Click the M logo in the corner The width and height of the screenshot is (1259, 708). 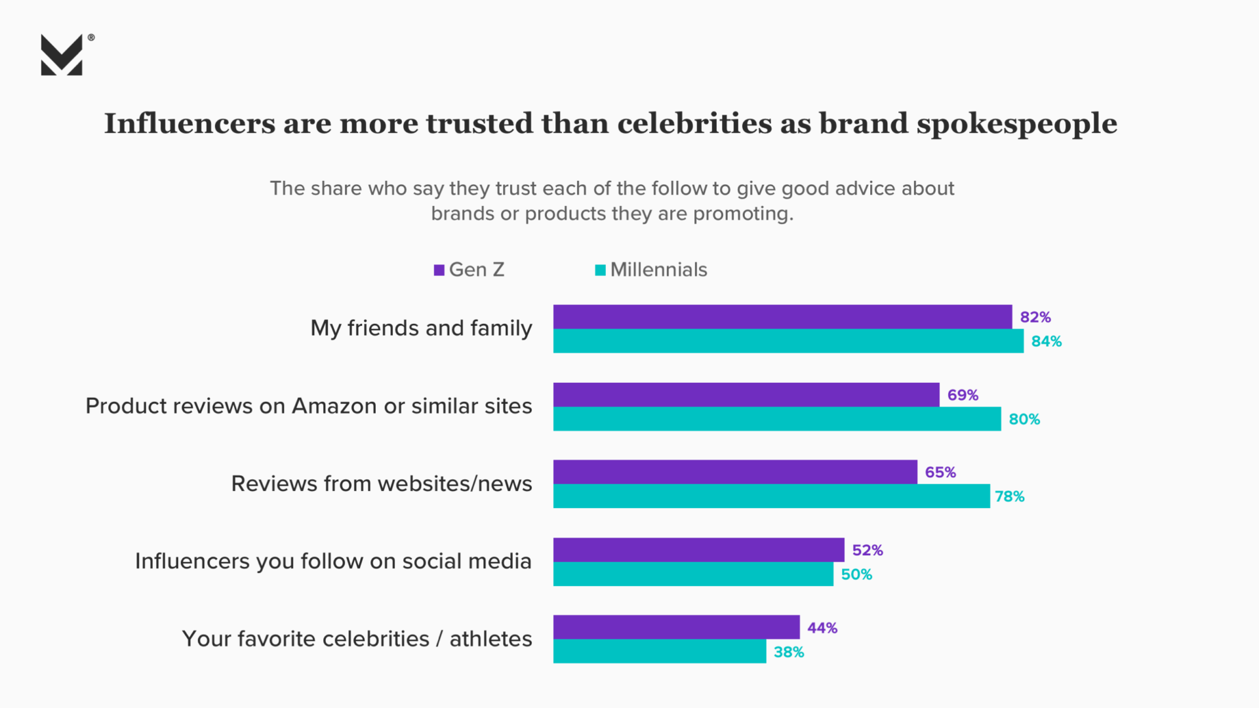point(62,55)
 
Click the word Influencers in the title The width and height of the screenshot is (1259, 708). point(190,124)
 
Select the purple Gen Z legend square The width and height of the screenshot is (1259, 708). point(439,270)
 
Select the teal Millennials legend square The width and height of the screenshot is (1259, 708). point(600,270)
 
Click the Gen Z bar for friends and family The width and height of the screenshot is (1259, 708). point(782,317)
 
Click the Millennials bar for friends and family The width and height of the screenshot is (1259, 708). point(788,341)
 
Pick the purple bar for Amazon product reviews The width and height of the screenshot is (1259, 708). point(746,395)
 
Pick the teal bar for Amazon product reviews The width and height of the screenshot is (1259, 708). point(777,419)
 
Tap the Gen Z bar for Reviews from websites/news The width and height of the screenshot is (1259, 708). point(735,472)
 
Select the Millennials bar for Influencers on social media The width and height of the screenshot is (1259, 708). point(693,574)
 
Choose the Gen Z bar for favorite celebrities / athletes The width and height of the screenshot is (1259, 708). point(676,627)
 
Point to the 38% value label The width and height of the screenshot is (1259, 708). point(789,652)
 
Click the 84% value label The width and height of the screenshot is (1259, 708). point(1047,342)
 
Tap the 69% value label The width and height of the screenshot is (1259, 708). point(963,395)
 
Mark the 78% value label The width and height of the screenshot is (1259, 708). point(1010,497)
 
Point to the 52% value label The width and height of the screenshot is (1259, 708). point(868,551)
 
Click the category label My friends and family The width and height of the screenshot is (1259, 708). point(421,328)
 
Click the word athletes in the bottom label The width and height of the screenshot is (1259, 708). point(490,639)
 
